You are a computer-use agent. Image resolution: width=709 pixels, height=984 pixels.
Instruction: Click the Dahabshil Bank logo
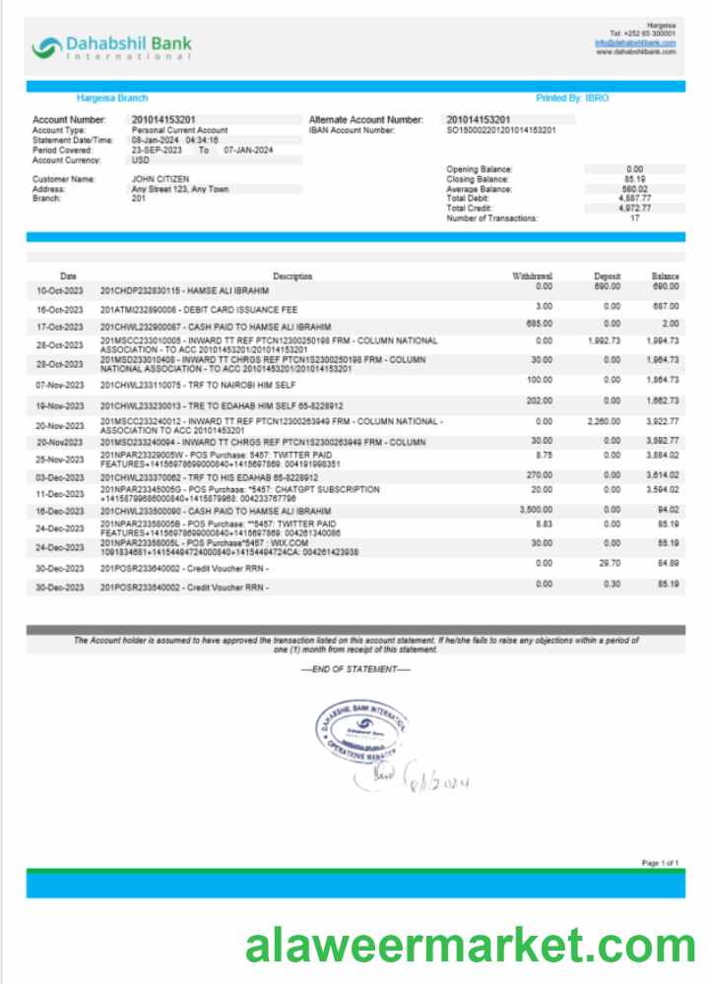click(110, 46)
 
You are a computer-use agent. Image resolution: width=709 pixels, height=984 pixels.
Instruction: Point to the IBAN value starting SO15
click(501, 130)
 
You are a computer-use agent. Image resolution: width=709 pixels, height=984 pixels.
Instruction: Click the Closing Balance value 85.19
click(634, 179)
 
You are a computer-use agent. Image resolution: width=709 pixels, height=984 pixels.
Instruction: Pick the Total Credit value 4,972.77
click(634, 209)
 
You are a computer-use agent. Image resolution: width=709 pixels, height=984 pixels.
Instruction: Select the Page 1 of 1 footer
click(660, 863)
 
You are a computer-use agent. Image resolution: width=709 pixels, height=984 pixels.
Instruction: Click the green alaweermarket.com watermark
click(470, 947)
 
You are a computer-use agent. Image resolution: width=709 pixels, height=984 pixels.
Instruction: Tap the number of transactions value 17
click(635, 218)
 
